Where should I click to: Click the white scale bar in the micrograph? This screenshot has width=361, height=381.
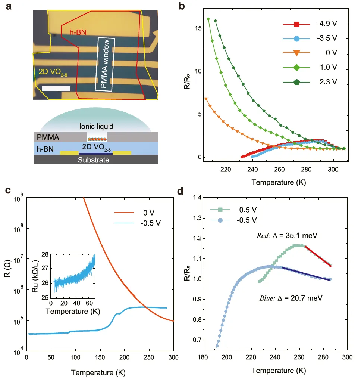[x=56, y=88]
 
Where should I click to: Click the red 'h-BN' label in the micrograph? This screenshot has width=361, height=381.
[x=78, y=32]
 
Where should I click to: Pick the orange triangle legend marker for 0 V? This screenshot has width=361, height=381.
[x=296, y=53]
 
